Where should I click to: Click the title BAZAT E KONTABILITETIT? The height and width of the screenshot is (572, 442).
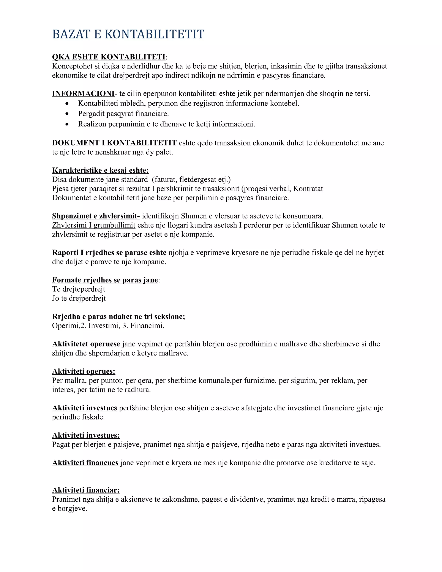[128, 35]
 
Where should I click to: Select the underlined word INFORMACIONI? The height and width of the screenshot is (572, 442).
[83, 93]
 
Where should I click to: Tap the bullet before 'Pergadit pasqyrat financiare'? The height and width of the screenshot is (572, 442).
[68, 114]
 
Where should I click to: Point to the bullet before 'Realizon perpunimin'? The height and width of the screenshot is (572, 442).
[68, 124]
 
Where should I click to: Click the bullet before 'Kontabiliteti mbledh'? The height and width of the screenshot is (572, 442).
[68, 104]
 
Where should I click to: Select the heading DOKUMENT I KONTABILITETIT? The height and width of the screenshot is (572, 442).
[114, 143]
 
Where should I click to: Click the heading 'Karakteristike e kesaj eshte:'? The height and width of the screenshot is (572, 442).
[100, 170]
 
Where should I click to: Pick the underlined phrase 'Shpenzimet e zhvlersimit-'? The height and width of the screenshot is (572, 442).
[96, 216]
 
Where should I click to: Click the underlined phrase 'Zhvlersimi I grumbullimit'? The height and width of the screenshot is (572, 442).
[93, 225]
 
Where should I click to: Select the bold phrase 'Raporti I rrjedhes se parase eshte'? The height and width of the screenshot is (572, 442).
[109, 253]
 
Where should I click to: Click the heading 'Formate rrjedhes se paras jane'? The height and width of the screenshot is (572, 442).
[105, 280]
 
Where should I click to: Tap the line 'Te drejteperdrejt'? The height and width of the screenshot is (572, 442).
[79, 289]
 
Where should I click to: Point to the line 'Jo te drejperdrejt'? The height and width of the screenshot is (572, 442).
[79, 298]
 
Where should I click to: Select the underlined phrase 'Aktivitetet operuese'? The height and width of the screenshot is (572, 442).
[86, 344]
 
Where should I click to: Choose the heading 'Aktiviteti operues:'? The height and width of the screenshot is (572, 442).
[84, 371]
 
